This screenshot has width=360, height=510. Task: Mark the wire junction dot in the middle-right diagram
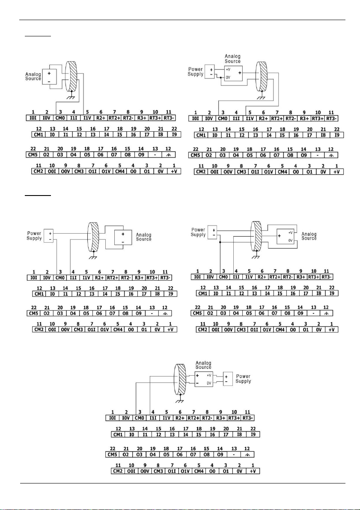tap(220, 242)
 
